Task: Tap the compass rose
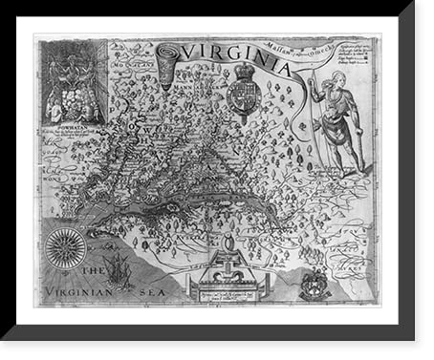click(66, 248)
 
